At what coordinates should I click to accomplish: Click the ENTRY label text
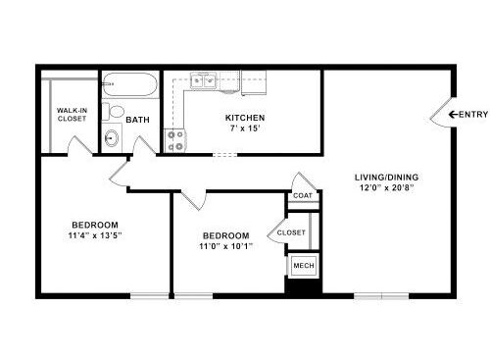click(473, 115)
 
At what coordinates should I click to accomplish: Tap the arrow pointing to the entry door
click(453, 115)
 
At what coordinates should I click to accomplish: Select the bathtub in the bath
click(130, 84)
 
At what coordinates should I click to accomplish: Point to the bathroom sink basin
click(112, 138)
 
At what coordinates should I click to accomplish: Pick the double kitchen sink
click(204, 80)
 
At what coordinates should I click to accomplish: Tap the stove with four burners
click(174, 140)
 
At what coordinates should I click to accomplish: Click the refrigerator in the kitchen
click(254, 83)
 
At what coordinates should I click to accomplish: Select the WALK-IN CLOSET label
click(72, 115)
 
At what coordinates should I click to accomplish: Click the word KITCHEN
click(245, 118)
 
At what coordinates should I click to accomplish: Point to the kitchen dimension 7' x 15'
click(245, 129)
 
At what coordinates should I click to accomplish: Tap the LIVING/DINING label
click(386, 178)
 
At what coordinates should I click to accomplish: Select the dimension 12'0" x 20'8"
click(387, 188)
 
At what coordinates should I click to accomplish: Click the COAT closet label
click(303, 196)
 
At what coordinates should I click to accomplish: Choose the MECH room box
click(304, 266)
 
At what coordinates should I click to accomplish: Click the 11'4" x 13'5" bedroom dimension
click(95, 235)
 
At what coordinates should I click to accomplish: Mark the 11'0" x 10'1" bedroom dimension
click(226, 246)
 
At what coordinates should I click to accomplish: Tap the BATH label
click(137, 120)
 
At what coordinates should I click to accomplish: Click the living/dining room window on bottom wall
click(381, 296)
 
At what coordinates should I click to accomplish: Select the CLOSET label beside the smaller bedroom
click(291, 232)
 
